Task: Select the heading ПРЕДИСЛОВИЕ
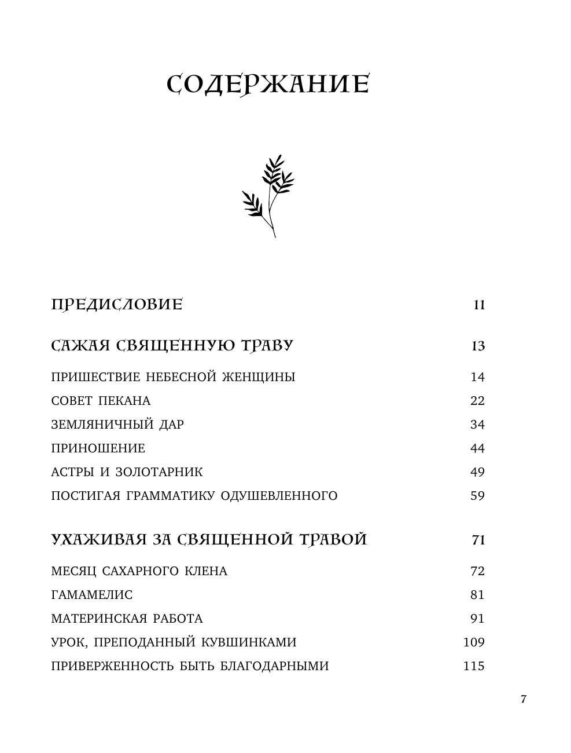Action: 117,305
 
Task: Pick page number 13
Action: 478,346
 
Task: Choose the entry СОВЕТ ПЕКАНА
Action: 101,401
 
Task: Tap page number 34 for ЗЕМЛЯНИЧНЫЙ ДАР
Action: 477,425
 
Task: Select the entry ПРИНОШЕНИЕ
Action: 98,448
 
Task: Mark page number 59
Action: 477,496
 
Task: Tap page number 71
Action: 478,540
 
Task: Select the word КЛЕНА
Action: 205,571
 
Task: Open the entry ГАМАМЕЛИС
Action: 92,595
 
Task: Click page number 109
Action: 474,642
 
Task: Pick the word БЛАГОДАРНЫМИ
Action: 274,666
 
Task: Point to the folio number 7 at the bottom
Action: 524,699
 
